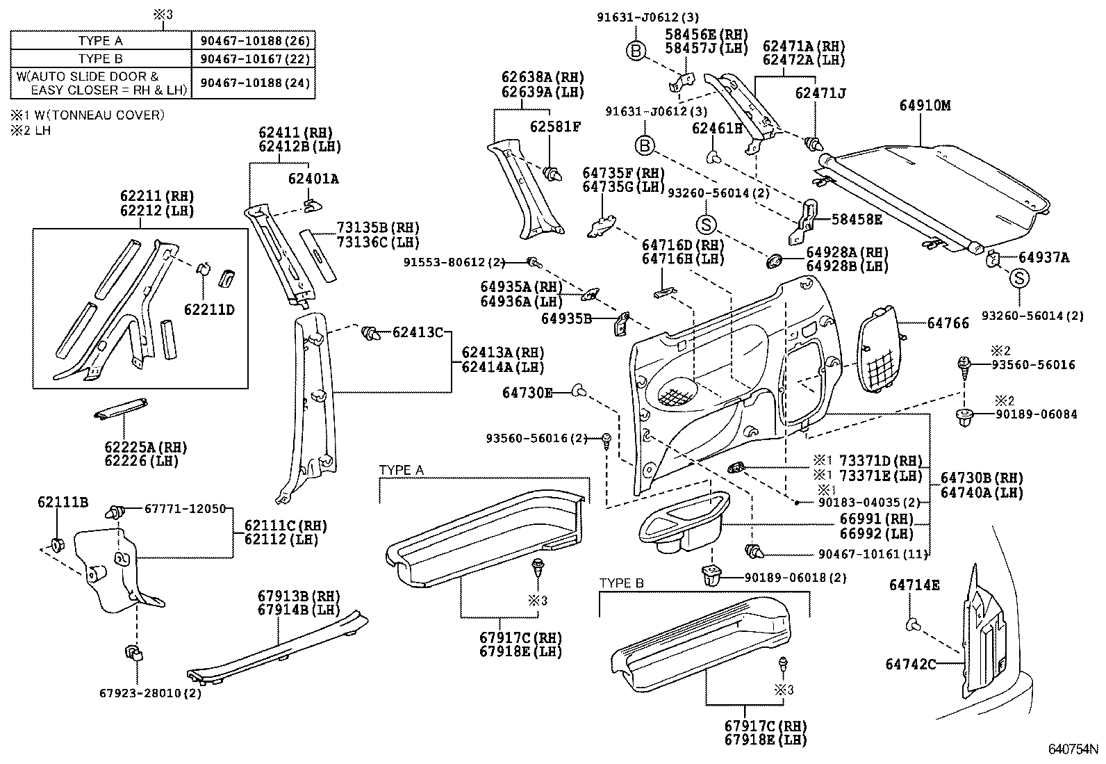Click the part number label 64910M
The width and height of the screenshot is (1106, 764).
coord(925,106)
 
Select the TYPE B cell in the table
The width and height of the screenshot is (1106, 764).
coord(100,59)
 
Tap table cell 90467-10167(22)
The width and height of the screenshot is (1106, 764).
coord(255,59)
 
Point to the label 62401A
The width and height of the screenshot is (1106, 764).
coord(313,179)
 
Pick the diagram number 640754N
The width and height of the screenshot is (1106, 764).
coord(1073,751)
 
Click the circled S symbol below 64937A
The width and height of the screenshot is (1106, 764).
coord(1018,279)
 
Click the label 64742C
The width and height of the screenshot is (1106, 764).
coord(910,664)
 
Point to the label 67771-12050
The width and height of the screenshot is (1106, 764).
coord(185,509)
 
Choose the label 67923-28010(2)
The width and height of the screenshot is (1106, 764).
coord(150,693)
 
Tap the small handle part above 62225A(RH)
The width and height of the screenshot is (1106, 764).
coord(119,409)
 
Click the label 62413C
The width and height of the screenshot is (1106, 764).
coord(418,332)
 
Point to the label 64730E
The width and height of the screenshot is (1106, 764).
coord(527,393)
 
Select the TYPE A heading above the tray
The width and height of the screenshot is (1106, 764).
coord(401,471)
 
